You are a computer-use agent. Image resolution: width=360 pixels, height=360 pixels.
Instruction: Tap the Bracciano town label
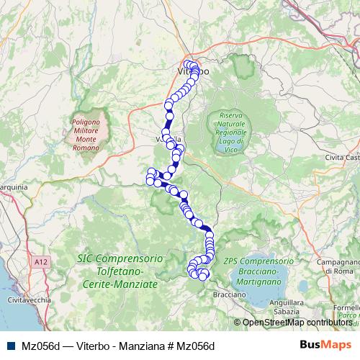point(229,294)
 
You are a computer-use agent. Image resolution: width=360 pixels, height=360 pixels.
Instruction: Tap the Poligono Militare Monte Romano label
point(89,133)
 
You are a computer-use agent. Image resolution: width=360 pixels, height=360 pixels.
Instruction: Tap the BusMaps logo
point(327,345)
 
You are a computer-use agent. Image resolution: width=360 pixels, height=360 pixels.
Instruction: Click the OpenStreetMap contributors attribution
point(297,323)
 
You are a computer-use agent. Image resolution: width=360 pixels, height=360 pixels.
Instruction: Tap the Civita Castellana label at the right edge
point(342,156)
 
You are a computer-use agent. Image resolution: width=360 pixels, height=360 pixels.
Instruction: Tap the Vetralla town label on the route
point(170,138)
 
